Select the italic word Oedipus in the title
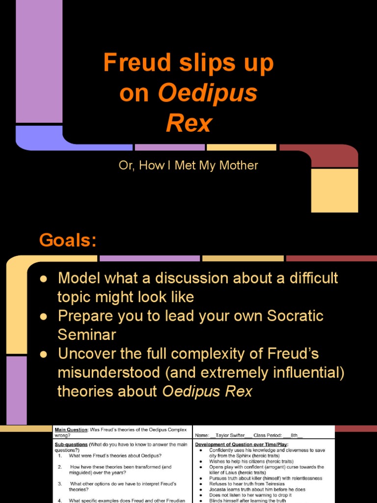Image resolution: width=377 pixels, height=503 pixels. pos(208,93)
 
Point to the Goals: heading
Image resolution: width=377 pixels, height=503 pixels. pos(68,241)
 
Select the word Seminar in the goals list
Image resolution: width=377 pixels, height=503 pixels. pos(86,335)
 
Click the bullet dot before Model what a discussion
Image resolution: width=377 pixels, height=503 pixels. pos(43,279)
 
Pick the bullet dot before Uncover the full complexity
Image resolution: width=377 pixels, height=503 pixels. pos(43,354)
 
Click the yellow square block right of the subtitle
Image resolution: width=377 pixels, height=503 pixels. pos(335,190)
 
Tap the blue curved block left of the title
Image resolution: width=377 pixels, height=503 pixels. pos(39,138)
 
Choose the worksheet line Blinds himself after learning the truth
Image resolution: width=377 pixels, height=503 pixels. pos(247,501)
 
